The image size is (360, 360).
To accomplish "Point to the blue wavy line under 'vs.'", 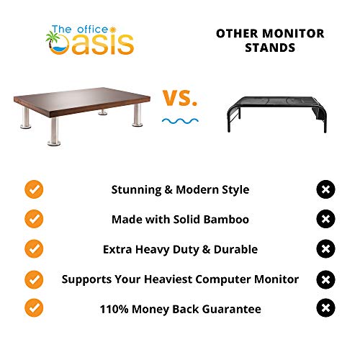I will pos(180,120).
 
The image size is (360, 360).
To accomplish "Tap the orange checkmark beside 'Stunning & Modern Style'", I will pos(33,189).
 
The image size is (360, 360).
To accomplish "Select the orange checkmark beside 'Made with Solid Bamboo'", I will pos(33,219).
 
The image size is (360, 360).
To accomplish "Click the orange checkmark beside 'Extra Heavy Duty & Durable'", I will pos(33,249).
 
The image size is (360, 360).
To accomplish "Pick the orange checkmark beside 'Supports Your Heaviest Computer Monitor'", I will pos(33,279).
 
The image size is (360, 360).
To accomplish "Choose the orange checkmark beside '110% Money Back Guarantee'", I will pos(33,309).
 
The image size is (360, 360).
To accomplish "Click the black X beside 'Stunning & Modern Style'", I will pos(325,189).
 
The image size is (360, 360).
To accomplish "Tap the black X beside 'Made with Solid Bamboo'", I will pos(325,219).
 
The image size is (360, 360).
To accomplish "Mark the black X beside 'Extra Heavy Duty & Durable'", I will pos(325,249).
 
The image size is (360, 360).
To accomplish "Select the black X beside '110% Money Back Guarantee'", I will pos(325,309).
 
